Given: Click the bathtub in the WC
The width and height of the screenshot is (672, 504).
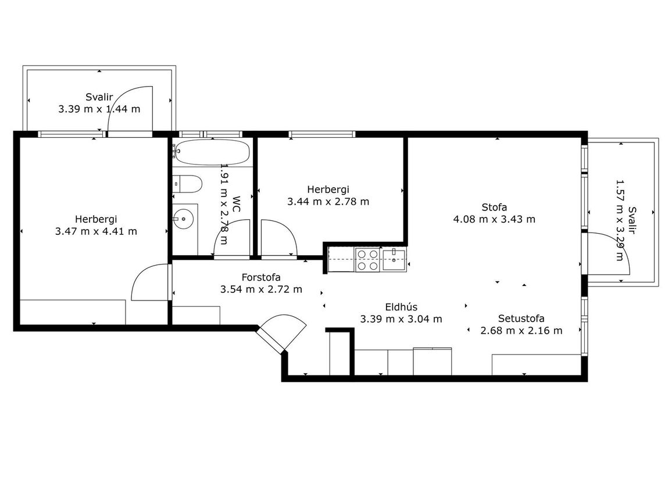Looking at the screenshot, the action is pyautogui.click(x=212, y=152).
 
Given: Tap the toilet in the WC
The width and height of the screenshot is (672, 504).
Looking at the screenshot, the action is pyautogui.click(x=187, y=184).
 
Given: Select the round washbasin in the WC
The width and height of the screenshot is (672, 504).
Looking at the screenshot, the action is pyautogui.click(x=184, y=219).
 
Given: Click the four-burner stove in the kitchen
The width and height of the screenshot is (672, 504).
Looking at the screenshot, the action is pyautogui.click(x=368, y=260).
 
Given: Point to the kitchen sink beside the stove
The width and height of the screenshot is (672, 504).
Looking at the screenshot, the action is pyautogui.click(x=394, y=260).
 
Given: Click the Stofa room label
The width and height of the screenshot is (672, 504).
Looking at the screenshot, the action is pyautogui.click(x=494, y=208).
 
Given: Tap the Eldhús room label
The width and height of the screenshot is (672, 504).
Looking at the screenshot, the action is pyautogui.click(x=401, y=307).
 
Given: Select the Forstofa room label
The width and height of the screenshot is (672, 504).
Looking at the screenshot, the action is pyautogui.click(x=261, y=277).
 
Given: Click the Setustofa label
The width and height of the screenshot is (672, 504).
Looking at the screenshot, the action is pyautogui.click(x=521, y=319).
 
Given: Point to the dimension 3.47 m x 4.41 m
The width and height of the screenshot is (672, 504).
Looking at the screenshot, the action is pyautogui.click(x=96, y=231).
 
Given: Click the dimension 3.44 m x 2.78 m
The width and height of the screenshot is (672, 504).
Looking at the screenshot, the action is pyautogui.click(x=328, y=202).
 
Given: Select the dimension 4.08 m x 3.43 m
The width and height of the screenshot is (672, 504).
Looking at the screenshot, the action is pyautogui.click(x=494, y=219).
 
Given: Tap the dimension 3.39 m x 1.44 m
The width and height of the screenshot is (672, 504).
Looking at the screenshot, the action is pyautogui.click(x=99, y=109).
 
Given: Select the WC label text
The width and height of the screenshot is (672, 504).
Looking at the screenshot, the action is pyautogui.click(x=236, y=204).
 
